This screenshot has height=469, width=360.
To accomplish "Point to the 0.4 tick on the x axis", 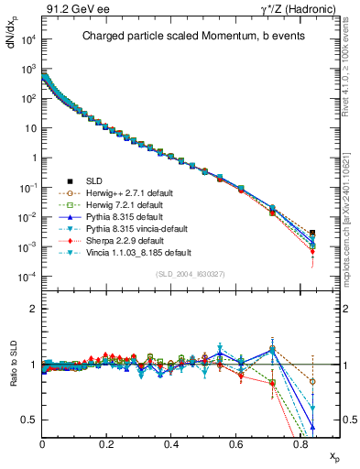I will pos(172,444).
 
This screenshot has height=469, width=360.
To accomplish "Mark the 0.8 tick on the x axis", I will pos(301,444).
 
